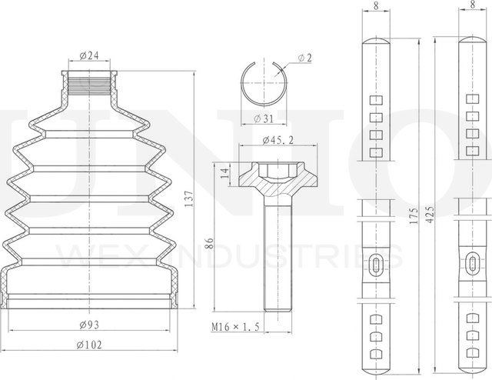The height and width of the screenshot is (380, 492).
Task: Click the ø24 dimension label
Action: tap(89, 55)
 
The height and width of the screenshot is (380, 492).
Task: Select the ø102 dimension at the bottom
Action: tap(89, 345)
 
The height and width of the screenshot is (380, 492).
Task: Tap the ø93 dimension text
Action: tap(89, 325)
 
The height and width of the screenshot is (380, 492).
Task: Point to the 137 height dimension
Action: tap(189, 198)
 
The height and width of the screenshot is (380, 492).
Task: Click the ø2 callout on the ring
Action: tap(304, 58)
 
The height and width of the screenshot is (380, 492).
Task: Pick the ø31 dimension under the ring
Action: tap(264, 118)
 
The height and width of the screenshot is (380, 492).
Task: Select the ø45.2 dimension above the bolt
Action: tap(278, 140)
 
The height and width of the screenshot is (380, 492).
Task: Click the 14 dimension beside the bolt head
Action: tap(224, 173)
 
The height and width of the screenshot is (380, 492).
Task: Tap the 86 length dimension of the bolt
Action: tap(209, 243)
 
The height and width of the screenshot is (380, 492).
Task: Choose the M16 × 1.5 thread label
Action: tap(235, 327)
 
